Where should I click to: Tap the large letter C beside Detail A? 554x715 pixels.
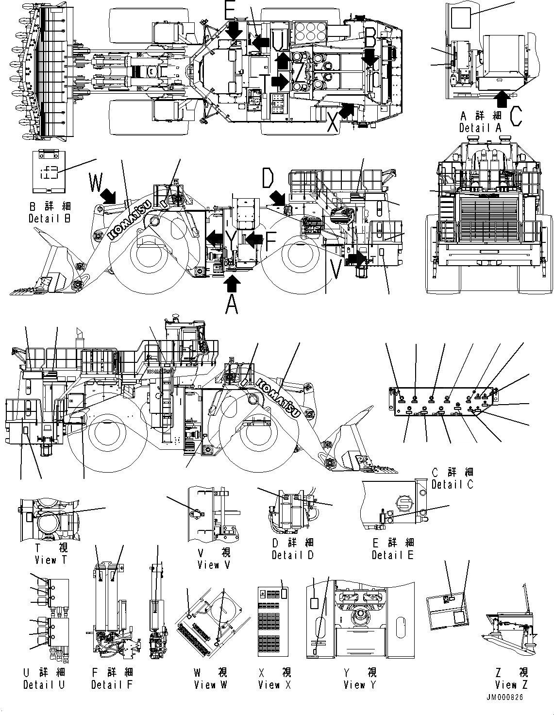click(x=516, y=116)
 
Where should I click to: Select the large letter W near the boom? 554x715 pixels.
click(x=97, y=184)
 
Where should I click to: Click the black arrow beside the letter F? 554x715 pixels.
click(x=253, y=239)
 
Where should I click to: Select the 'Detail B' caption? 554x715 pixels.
click(x=50, y=218)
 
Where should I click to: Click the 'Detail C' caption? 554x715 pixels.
click(x=452, y=484)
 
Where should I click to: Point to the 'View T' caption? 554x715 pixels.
click(x=52, y=560)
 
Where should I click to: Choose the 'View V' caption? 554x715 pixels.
click(x=214, y=565)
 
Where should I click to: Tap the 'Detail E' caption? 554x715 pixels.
click(x=393, y=555)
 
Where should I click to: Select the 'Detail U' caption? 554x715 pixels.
click(x=44, y=684)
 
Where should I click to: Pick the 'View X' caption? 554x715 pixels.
click(x=275, y=685)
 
